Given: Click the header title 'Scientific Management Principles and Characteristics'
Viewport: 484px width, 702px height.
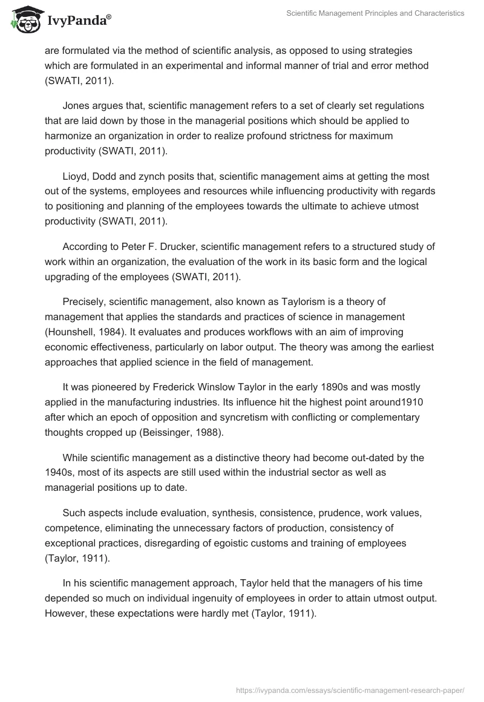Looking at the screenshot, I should (x=375, y=13).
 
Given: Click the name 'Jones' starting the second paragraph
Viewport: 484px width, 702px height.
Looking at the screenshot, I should (x=76, y=105).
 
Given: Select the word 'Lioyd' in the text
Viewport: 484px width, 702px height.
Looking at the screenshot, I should (x=76, y=176).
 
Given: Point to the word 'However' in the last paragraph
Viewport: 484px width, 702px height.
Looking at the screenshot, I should (x=66, y=614).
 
